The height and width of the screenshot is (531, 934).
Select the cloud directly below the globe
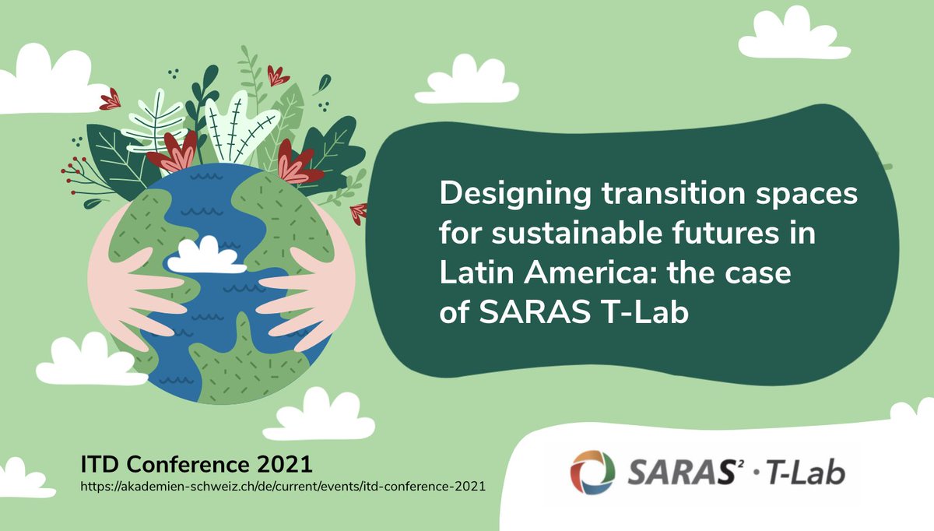tap(307, 416)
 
